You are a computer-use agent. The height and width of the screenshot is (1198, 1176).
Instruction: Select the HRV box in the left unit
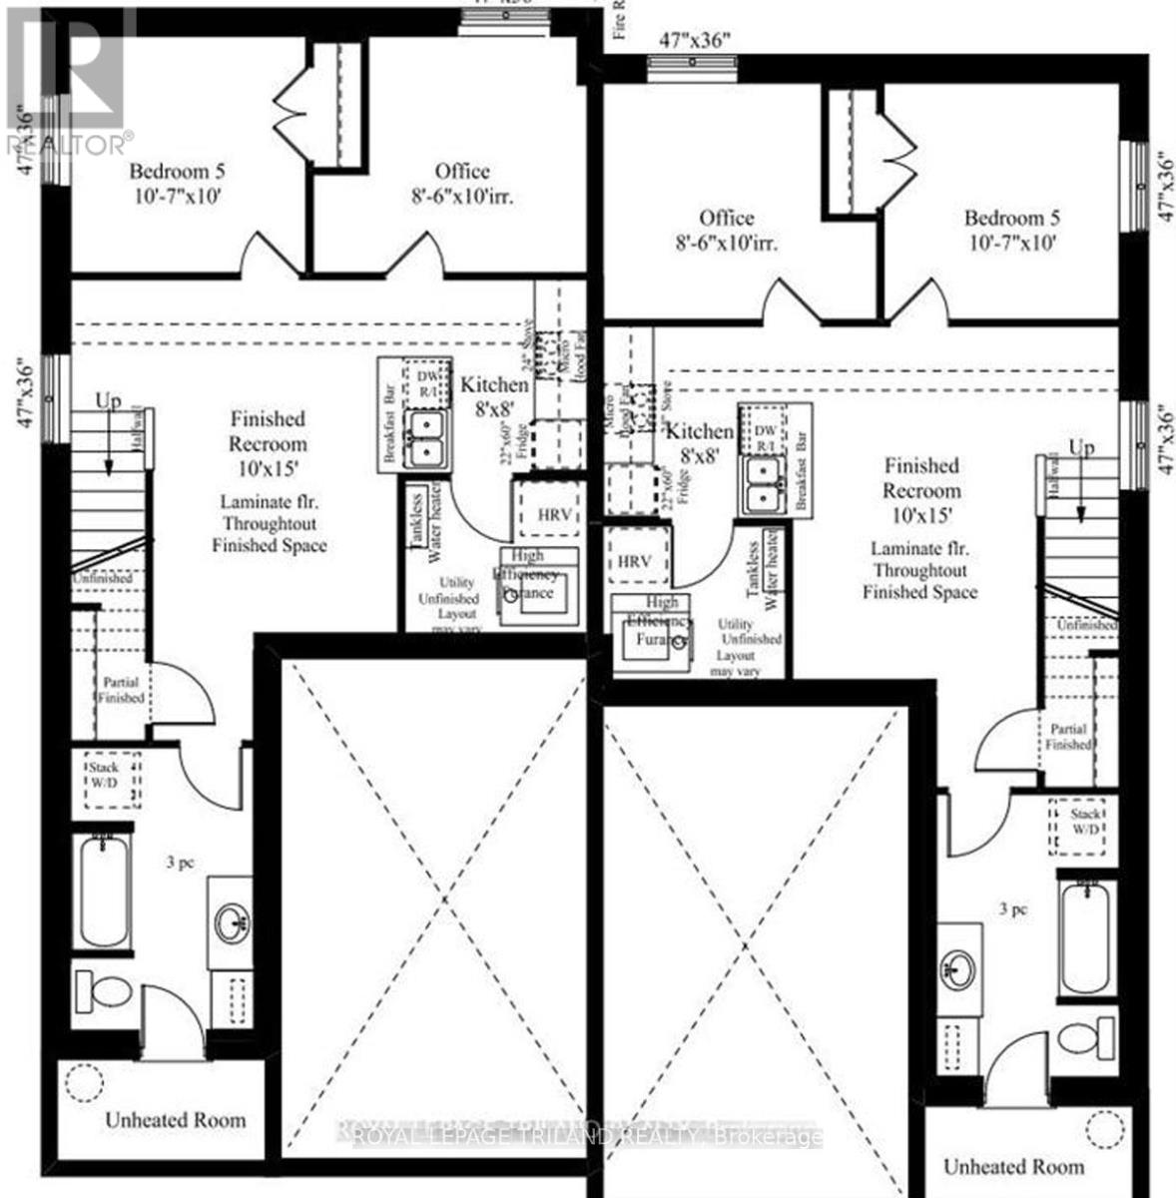[554, 515]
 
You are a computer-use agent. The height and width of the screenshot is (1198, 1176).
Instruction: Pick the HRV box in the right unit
[634, 562]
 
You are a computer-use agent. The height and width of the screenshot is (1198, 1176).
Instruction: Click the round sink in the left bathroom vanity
[235, 919]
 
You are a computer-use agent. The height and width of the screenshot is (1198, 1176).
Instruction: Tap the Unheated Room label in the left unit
[175, 1120]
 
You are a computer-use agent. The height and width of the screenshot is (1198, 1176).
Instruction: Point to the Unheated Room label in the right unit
[1013, 1166]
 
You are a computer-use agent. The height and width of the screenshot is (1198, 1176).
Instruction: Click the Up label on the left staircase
[107, 401]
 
